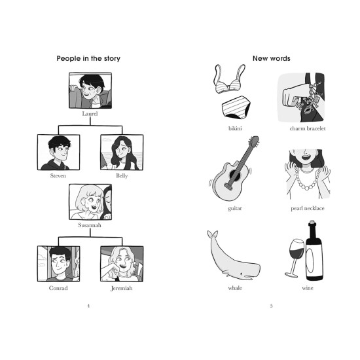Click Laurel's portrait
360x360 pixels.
pyautogui.click(x=90, y=90)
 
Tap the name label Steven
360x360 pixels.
pyautogui.click(x=58, y=175)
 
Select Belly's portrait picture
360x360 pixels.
pyautogui.click(x=122, y=153)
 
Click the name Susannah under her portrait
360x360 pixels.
pyautogui.click(x=90, y=225)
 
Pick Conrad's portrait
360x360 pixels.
pyautogui.click(x=58, y=264)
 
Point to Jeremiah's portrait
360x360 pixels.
pyautogui.click(x=122, y=264)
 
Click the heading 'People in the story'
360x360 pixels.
pyautogui.click(x=88, y=58)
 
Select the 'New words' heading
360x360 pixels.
pyautogui.click(x=272, y=58)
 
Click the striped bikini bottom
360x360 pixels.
pyautogui.click(x=236, y=107)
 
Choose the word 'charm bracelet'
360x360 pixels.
pyautogui.click(x=308, y=128)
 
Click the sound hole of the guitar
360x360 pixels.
pyautogui.click(x=235, y=175)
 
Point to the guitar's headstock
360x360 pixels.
pyautogui.click(x=254, y=141)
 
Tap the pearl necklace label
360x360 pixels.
pyautogui.click(x=308, y=208)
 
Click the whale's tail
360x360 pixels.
pyautogui.click(x=212, y=234)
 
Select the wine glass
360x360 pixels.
pyautogui.click(x=295, y=258)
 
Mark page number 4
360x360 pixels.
pyautogui.click(x=88, y=306)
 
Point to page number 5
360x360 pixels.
pyautogui.click(x=272, y=306)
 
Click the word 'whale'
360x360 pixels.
pyautogui.click(x=235, y=288)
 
